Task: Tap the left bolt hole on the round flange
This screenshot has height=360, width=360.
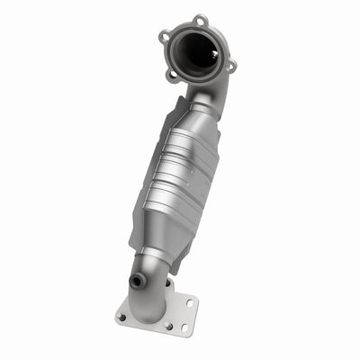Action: (x=164, y=37)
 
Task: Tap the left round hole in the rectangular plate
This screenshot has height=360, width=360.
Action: (x=121, y=317)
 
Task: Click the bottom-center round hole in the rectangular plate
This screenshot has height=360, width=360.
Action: (x=167, y=327)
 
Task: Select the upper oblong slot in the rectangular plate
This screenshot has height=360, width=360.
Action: (x=190, y=301)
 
